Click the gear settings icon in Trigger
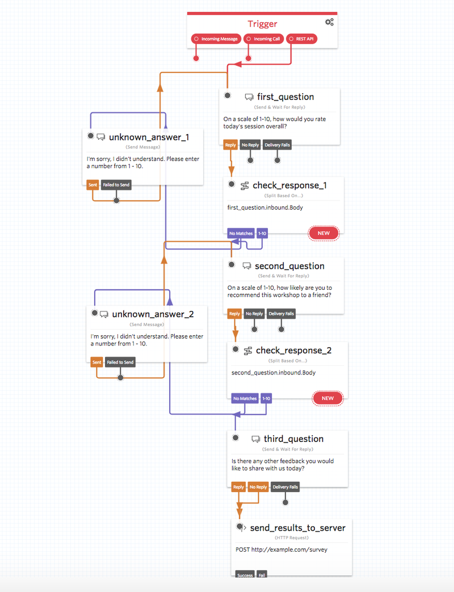329,22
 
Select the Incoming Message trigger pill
216,39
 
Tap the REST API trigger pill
301,39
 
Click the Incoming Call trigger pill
263,39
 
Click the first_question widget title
285,97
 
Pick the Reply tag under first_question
230,145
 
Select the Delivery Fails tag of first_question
278,145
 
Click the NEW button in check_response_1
323,233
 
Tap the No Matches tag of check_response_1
240,233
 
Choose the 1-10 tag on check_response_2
266,398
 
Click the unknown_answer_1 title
149,137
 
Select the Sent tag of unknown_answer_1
93,185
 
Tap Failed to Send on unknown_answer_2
120,362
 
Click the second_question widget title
289,266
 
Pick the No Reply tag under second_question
254,314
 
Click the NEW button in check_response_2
327,398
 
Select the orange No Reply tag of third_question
258,487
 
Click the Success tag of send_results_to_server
245,575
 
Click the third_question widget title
293,439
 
